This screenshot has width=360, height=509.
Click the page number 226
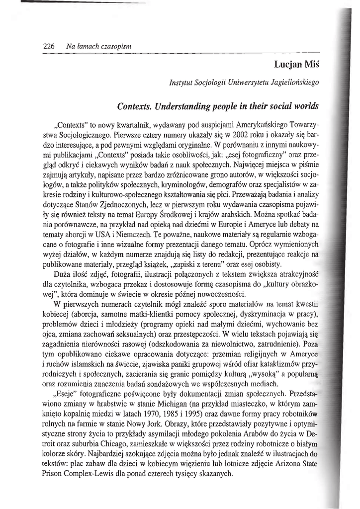pos(48,46)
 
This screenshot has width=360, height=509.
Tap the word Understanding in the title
pos(179,106)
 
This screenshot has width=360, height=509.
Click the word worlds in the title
pos(304,106)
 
